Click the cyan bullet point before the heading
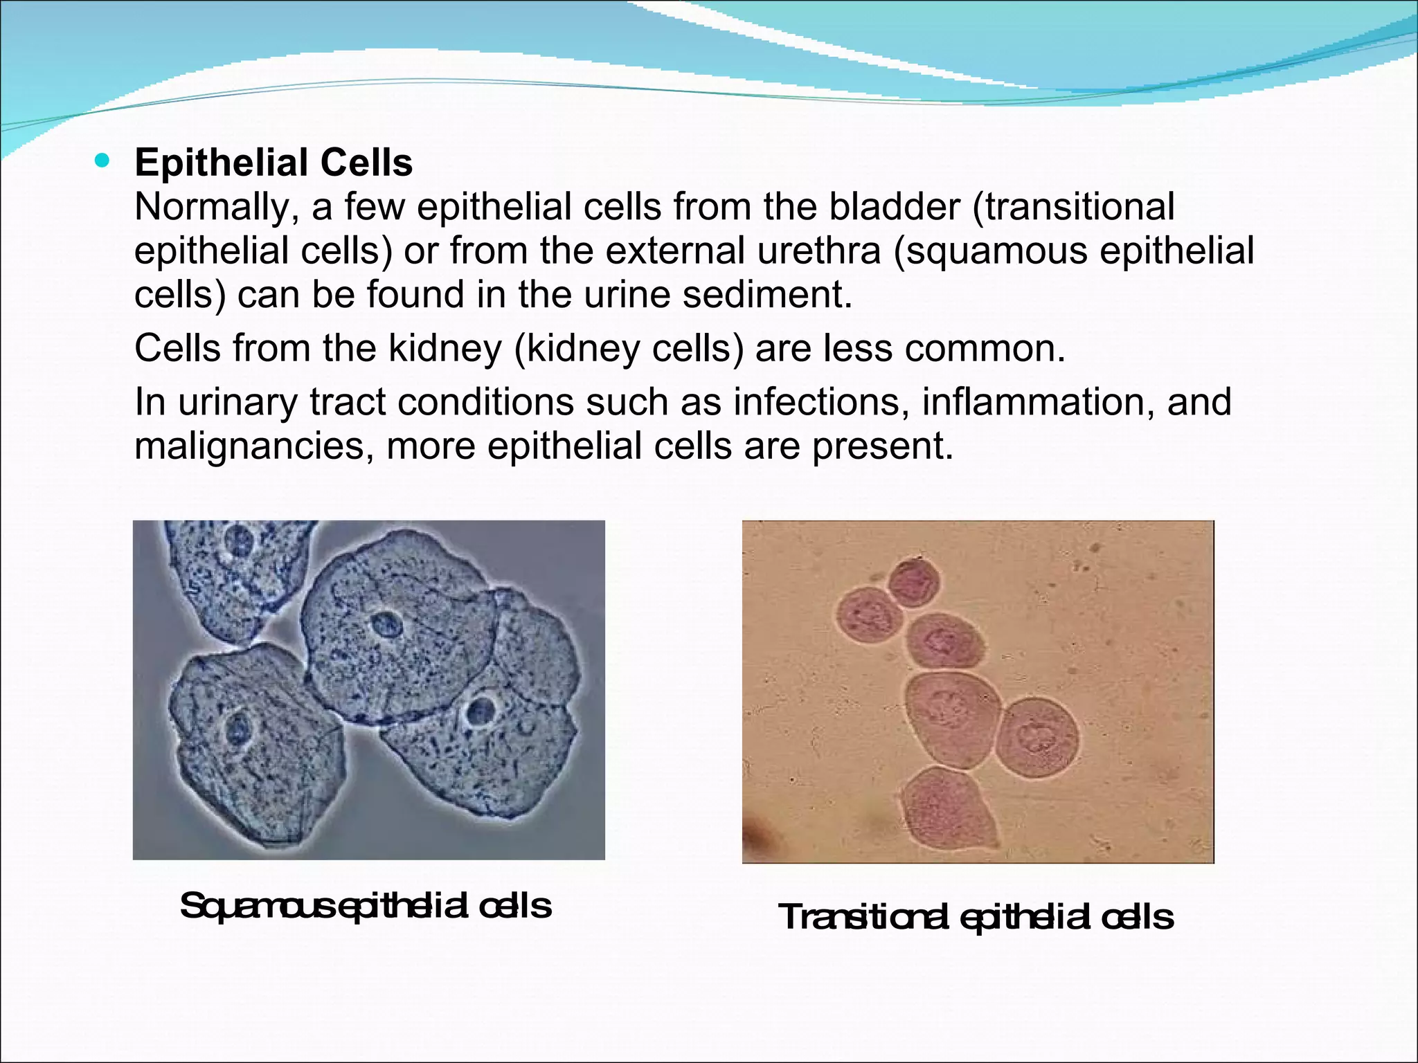(x=102, y=162)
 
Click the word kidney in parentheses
(x=564, y=347)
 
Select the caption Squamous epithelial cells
(x=366, y=906)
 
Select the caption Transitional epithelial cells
(x=976, y=917)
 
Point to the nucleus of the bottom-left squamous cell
(x=238, y=729)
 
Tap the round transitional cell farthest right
(x=1037, y=737)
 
